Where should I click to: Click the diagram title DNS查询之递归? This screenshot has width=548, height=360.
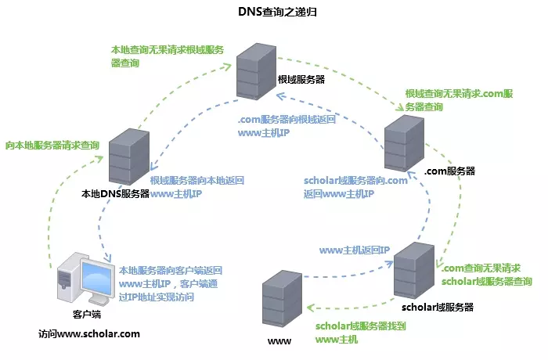click(277, 12)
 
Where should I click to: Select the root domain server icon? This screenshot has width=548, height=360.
click(256, 71)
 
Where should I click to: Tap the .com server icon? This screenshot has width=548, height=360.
click(404, 143)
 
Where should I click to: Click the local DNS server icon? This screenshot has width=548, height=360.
click(129, 157)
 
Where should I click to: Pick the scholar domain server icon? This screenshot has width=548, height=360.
click(414, 270)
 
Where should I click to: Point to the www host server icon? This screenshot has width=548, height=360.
click(282, 298)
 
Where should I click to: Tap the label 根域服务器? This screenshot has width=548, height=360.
click(301, 79)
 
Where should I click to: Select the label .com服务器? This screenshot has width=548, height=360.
click(449, 171)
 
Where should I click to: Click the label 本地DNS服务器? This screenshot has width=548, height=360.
click(115, 193)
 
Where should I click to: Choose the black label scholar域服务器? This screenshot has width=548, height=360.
click(437, 308)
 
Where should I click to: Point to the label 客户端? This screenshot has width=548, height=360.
click(87, 314)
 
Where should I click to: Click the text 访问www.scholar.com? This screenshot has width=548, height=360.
click(89, 334)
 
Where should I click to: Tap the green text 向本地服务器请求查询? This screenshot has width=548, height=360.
click(52, 145)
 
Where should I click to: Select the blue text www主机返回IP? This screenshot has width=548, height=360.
click(355, 250)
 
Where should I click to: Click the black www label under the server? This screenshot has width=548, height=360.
click(279, 341)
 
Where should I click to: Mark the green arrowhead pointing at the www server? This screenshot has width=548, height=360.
click(311, 308)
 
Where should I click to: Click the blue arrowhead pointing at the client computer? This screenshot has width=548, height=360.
click(108, 258)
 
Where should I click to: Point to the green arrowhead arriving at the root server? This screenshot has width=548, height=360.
click(227, 67)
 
